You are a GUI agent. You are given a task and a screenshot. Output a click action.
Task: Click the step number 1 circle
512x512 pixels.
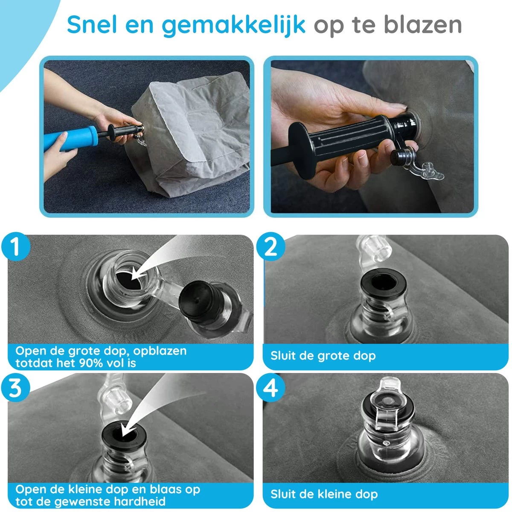tap(15, 247)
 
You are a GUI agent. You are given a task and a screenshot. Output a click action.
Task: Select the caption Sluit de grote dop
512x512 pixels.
tap(323, 356)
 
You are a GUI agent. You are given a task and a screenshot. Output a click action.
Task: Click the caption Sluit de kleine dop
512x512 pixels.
tap(324, 495)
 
